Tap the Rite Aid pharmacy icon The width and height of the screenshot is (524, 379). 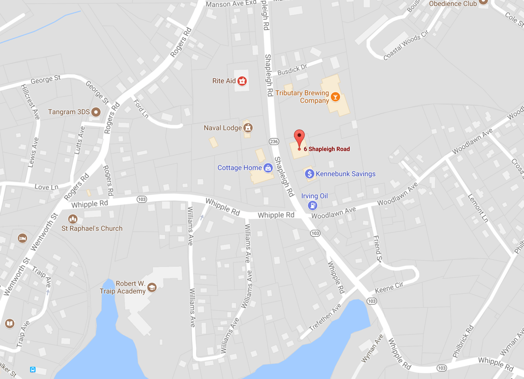coord(242,81)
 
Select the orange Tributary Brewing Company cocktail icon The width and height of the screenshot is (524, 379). coord(335,97)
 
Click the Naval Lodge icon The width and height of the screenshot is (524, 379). coord(248,128)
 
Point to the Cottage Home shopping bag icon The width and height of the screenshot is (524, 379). coord(268,168)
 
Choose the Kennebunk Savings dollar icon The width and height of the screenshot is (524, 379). coord(309,174)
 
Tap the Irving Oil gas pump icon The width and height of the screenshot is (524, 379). coord(312,205)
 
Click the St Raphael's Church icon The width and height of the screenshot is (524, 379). coord(73,219)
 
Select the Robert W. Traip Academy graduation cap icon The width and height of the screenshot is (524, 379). coord(152,287)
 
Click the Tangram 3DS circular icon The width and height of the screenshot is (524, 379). coord(96,112)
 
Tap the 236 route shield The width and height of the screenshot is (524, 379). coord(274,142)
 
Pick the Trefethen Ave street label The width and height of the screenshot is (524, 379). coord(325,318)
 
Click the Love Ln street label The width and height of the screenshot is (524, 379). coord(46,187)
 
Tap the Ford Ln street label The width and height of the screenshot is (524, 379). coord(141,109)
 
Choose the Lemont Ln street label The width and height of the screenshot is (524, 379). coord(477,207)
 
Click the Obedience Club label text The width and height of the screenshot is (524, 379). coord(452,3)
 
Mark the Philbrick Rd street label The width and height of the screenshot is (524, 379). coord(463,341)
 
